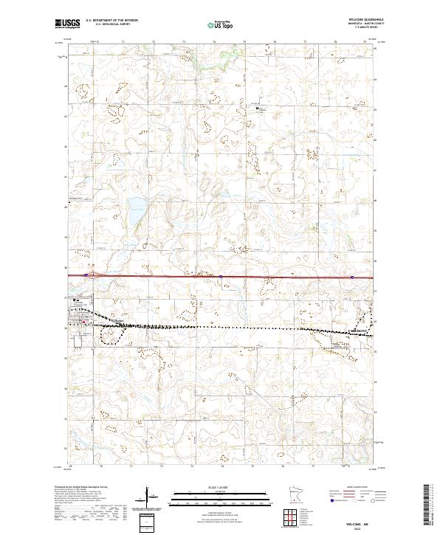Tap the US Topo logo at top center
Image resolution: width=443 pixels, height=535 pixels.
(221, 24)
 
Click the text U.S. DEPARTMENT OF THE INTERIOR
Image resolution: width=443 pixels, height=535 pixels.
(111, 20)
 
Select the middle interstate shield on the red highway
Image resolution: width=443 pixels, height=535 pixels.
(220, 277)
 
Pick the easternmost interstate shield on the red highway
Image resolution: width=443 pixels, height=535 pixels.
(352, 277)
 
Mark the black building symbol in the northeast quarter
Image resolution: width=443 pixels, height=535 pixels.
(258, 109)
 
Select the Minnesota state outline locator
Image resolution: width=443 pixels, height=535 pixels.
(302, 494)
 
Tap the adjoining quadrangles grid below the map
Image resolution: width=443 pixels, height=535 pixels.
(294, 517)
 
